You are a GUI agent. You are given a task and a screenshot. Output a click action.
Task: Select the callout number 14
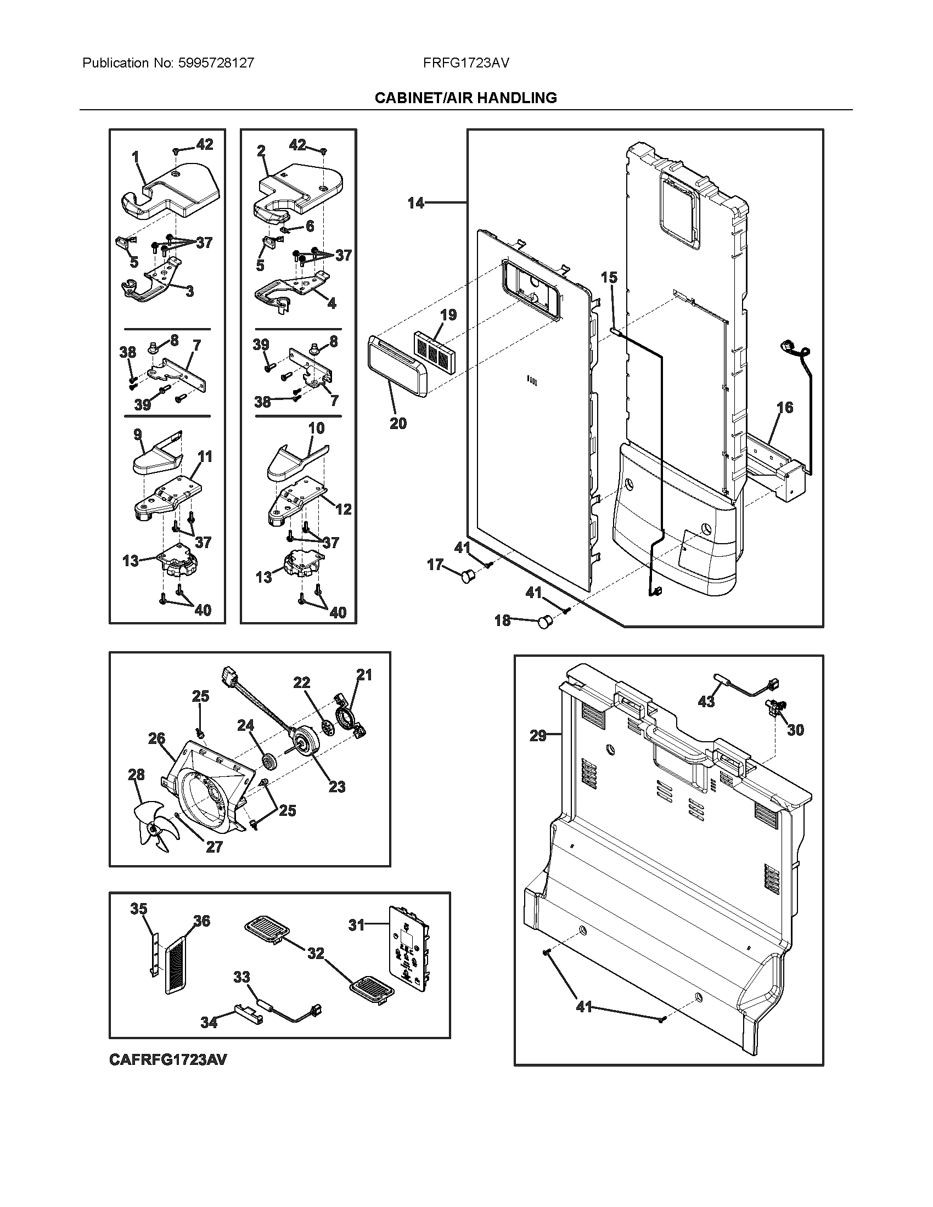(x=415, y=204)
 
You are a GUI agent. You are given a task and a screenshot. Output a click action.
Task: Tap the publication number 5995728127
(x=216, y=63)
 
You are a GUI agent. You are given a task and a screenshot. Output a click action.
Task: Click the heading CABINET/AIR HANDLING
(x=465, y=98)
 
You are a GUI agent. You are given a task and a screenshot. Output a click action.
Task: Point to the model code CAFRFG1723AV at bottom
(x=167, y=1059)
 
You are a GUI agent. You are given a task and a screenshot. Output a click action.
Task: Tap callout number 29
(x=538, y=736)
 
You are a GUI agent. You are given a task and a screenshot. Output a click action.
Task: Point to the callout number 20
(x=398, y=424)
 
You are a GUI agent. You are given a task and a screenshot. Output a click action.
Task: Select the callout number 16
(x=785, y=408)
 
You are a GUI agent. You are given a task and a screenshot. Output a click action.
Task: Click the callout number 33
(x=241, y=977)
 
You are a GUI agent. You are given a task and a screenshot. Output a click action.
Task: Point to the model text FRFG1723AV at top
(x=465, y=63)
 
